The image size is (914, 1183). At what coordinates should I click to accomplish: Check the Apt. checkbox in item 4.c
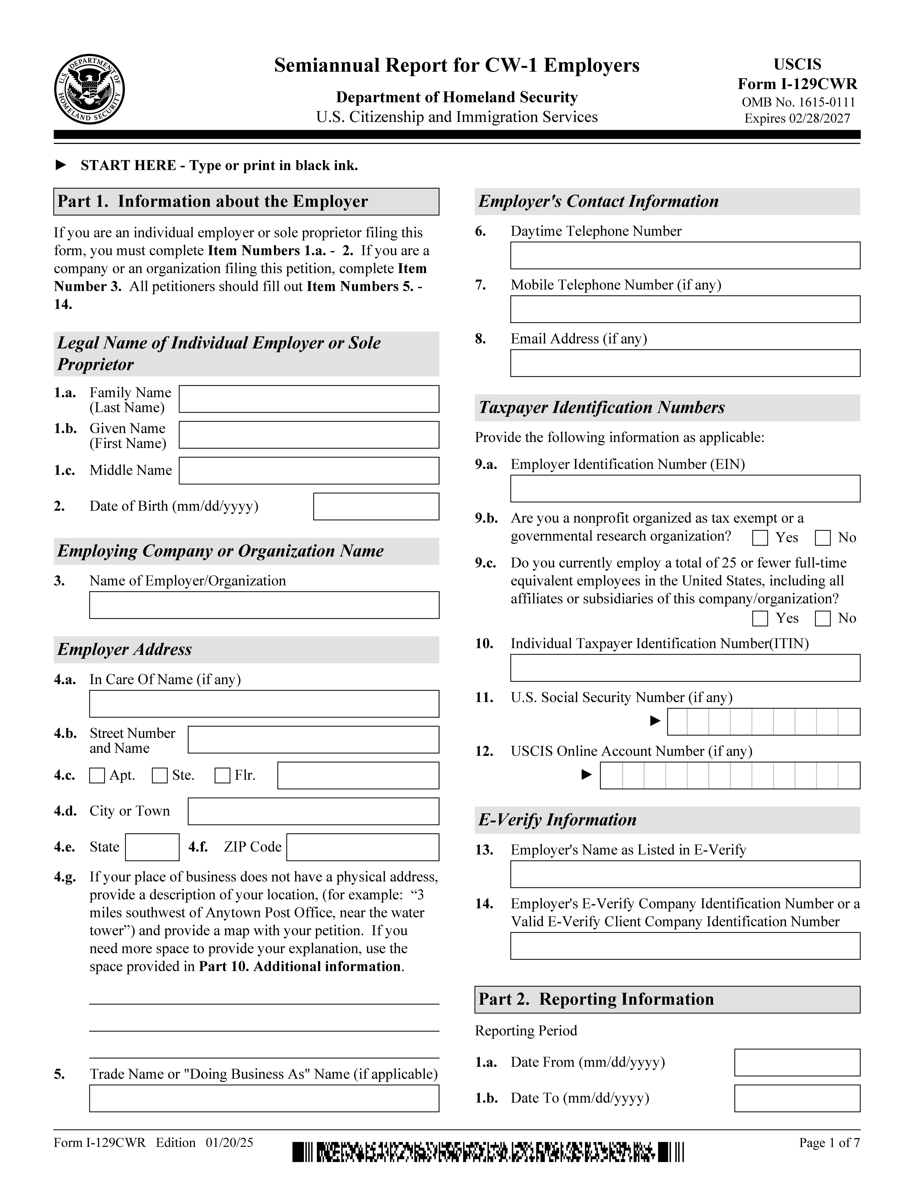(97, 776)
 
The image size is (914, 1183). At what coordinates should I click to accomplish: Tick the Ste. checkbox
(160, 776)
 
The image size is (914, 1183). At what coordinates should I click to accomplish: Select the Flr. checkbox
(223, 776)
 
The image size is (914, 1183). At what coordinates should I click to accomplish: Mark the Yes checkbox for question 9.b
(760, 538)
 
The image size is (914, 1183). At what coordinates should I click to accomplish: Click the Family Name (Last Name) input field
(309, 399)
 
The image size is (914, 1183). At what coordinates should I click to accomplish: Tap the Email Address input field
(685, 363)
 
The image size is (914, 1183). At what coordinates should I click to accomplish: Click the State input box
(152, 847)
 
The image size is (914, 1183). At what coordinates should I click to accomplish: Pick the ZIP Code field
(363, 847)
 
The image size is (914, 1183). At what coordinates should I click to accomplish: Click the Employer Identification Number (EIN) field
(685, 489)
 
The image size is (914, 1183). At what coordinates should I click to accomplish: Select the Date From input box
(797, 1063)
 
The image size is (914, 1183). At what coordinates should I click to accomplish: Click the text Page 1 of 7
(829, 1143)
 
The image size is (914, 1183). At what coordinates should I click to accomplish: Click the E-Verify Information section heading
(558, 820)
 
